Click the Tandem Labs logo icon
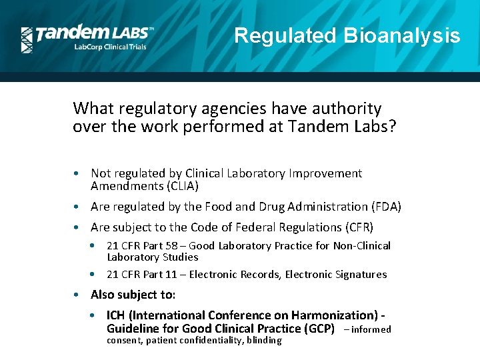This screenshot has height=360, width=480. click(x=27, y=40)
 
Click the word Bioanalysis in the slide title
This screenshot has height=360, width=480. click(x=402, y=35)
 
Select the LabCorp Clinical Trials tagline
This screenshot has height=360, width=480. click(x=109, y=47)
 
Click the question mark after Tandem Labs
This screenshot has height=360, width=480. click(x=391, y=127)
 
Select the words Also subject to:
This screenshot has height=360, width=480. click(x=133, y=295)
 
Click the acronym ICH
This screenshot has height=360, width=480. click(x=116, y=315)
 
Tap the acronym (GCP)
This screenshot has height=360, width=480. click(x=319, y=329)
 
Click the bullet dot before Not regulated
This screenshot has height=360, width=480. click(x=77, y=174)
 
